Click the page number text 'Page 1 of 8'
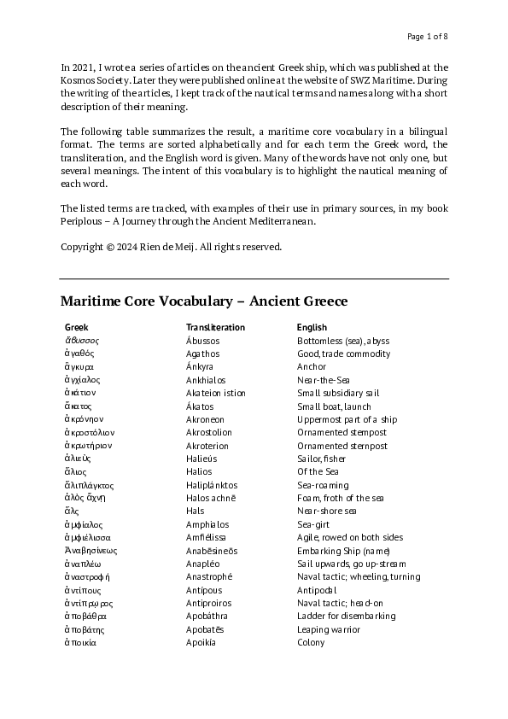[x=427, y=36]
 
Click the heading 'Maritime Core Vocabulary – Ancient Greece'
[x=204, y=301]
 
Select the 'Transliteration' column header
[x=215, y=327]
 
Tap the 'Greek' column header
[x=76, y=327]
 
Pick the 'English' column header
[x=312, y=327]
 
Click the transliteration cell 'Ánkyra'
[x=201, y=367]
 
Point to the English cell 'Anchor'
[x=312, y=367]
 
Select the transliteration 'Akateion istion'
[x=215, y=394]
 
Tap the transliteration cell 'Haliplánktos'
[x=211, y=485]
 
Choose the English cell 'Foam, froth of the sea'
[x=340, y=498]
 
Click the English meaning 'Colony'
[x=311, y=643]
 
